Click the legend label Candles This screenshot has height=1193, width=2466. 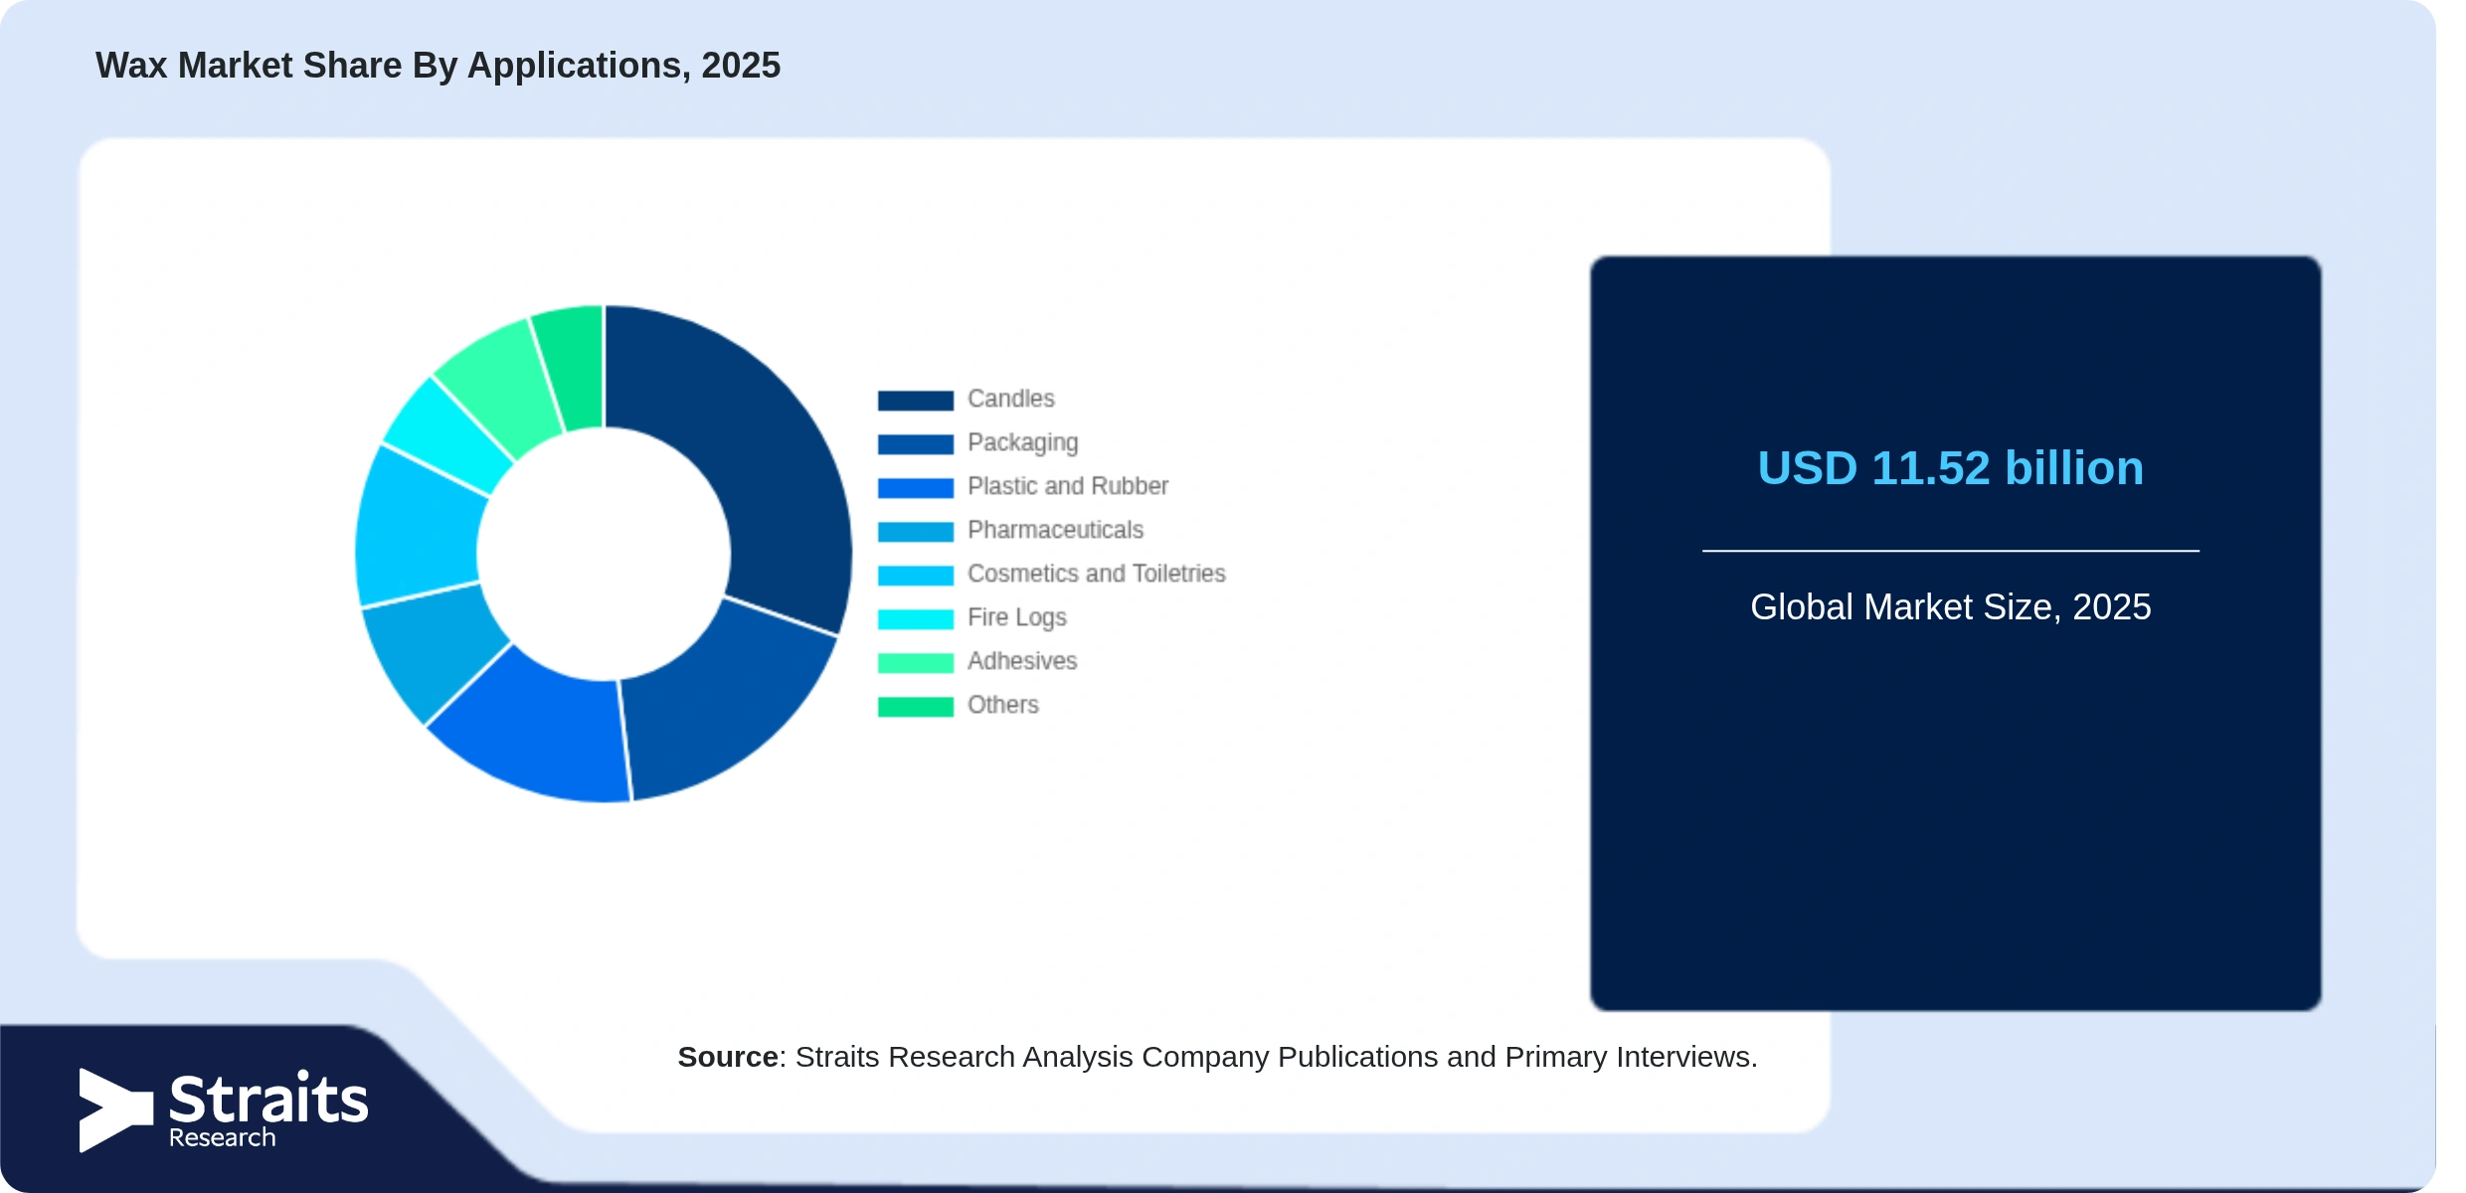1011,399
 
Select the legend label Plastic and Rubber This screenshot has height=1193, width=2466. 1068,486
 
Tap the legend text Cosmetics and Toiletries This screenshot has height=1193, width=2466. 1097,574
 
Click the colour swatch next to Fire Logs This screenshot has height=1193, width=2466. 916,618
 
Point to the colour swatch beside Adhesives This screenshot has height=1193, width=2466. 916,662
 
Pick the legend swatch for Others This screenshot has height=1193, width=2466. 916,706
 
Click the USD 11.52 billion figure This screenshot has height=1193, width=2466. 1951,468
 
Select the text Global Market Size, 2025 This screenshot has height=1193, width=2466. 1951,606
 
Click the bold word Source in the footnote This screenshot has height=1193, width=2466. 728,1057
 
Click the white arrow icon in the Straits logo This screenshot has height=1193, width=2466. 115,1110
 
